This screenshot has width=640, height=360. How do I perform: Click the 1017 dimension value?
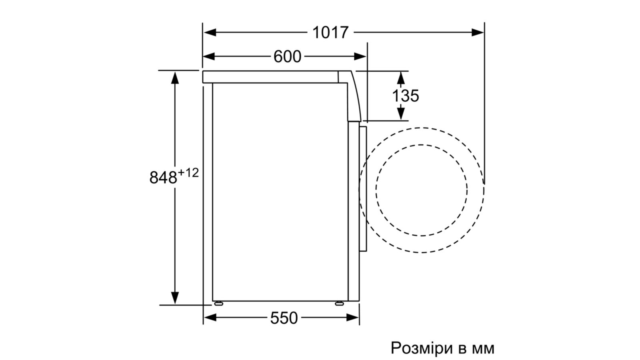pyautogui.click(x=330, y=32)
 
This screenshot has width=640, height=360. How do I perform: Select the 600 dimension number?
pyautogui.click(x=287, y=56)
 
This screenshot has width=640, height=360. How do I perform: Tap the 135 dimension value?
pyautogui.click(x=405, y=96)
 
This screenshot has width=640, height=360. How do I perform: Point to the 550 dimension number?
pyautogui.click(x=284, y=318)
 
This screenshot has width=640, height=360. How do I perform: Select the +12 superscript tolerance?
pyautogui.click(x=188, y=173)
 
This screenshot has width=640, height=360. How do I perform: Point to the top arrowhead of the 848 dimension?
pyautogui.click(x=175, y=77)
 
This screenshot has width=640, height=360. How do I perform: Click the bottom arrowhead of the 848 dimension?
pyautogui.click(x=175, y=298)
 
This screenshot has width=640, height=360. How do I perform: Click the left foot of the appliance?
pyautogui.click(x=218, y=303)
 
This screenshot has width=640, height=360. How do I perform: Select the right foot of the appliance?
pyautogui.click(x=339, y=303)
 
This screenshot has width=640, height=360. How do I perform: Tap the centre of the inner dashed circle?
pyautogui.click(x=422, y=190)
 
